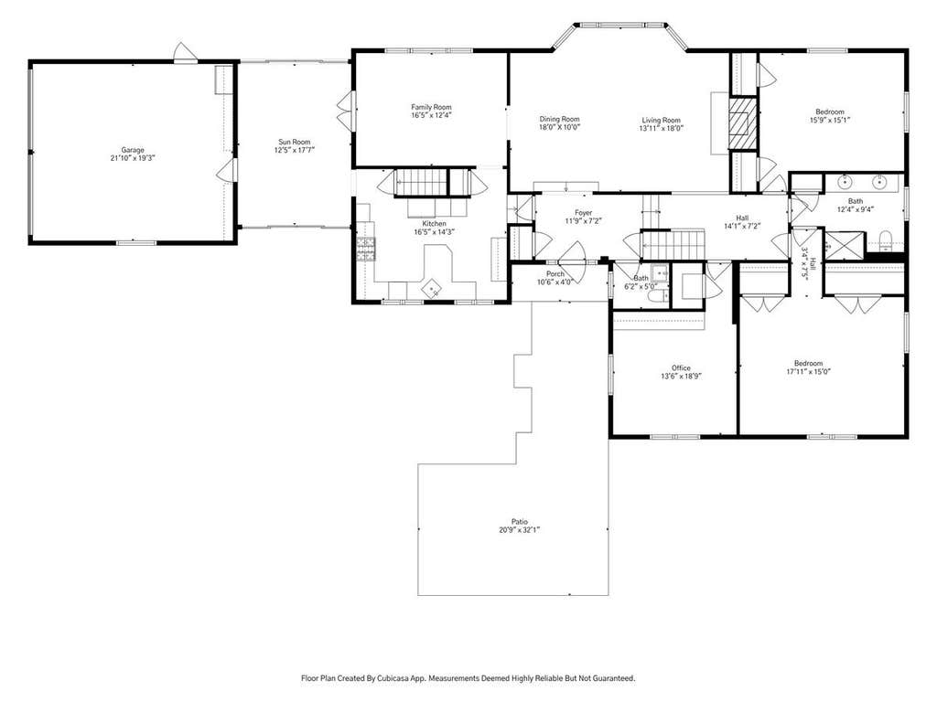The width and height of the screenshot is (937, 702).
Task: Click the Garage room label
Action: (133, 150)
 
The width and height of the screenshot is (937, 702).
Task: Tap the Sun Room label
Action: (295, 142)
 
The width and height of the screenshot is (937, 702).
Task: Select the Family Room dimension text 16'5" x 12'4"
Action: (431, 115)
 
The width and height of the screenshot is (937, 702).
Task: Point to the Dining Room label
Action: (560, 119)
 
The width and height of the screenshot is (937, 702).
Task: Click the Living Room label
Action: (661, 120)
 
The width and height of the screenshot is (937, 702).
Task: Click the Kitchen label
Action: (434, 224)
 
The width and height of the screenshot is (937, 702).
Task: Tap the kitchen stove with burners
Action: (366, 249)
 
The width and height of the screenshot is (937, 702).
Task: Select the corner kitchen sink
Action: (433, 289)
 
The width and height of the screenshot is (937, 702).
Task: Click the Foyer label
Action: (583, 212)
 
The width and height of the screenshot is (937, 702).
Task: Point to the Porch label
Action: (555, 274)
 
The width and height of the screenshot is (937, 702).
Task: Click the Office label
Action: (681, 368)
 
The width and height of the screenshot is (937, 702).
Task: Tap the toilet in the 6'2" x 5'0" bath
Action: (659, 298)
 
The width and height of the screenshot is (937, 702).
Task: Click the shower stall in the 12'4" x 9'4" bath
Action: (844, 245)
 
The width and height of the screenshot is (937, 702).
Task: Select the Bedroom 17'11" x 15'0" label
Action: (808, 363)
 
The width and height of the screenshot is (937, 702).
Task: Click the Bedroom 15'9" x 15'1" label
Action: (830, 112)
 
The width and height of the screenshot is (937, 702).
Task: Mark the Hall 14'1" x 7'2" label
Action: (742, 218)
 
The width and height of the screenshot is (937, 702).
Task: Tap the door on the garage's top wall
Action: (185, 54)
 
